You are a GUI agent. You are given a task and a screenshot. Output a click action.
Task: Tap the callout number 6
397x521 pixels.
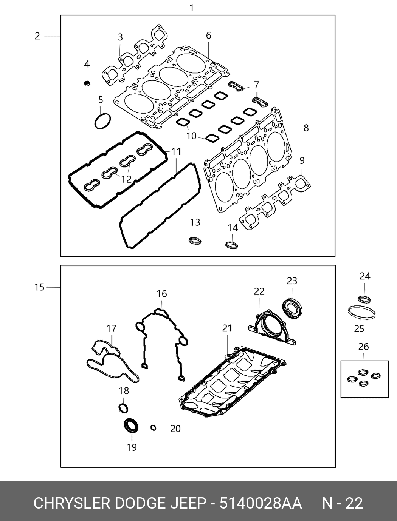208,35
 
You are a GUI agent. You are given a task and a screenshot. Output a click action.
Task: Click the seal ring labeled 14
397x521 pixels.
232,244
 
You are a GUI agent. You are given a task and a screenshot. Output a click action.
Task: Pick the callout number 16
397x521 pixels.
161,294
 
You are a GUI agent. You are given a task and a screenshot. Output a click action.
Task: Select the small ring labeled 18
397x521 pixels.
123,408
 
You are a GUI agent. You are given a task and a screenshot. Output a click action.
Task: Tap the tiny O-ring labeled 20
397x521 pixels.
153,428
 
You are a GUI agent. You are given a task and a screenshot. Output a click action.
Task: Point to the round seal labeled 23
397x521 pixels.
293,308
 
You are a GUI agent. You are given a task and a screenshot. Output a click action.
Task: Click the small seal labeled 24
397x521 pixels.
364,299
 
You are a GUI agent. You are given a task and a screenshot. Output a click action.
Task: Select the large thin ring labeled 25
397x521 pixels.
361,313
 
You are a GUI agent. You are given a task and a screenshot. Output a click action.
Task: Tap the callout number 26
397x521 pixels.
363,347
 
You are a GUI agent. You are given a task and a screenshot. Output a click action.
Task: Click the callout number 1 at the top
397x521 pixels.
192,8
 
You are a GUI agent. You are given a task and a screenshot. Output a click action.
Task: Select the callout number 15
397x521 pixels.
39,287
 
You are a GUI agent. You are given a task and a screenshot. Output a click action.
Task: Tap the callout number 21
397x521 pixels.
227,328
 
